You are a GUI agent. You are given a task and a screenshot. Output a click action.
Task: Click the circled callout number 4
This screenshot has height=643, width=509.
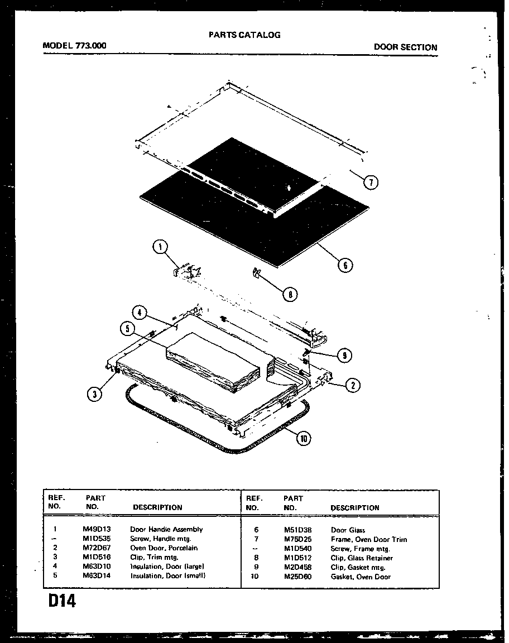pos(140,313)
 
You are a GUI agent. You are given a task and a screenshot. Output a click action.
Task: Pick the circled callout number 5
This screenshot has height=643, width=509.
pos(128,329)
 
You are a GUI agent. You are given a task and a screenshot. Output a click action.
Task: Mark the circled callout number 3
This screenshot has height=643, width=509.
pos(95,394)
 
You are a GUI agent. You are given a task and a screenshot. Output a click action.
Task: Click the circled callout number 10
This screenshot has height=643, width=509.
pos(303,438)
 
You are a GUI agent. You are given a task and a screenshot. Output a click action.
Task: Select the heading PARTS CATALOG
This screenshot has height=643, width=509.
pos(244,35)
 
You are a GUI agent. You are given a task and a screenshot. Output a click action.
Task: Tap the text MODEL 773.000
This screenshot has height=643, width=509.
pos(75,47)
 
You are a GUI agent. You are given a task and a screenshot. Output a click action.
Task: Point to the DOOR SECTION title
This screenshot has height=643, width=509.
pos(405,47)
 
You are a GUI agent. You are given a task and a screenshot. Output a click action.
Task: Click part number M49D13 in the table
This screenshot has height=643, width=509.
pos(97,529)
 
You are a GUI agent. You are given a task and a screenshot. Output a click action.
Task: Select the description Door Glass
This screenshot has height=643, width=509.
pos(348,530)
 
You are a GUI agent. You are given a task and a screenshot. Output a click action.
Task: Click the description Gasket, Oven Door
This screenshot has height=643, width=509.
pos(361,577)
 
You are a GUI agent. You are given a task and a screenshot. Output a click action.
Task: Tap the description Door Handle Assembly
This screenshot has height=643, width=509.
pos(166,529)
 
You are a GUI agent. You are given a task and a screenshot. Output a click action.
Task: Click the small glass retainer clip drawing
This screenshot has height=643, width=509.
pos(257,272)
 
